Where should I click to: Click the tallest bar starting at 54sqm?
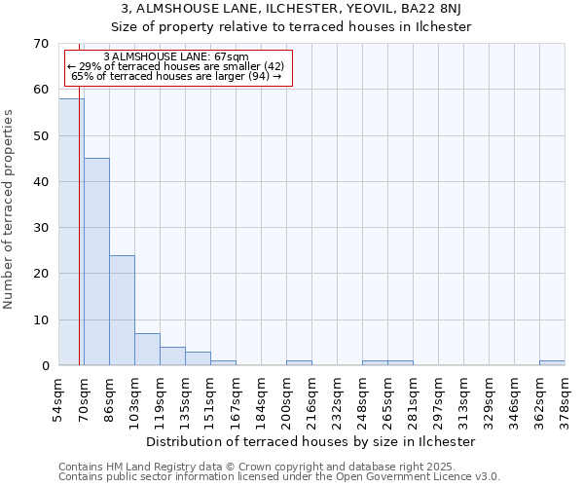(x=71, y=232)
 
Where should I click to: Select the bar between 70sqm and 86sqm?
(x=96, y=261)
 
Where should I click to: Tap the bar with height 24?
(x=122, y=310)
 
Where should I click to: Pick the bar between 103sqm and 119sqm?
(x=147, y=349)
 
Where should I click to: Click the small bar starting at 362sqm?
(x=552, y=363)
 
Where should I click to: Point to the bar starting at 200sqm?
(x=299, y=363)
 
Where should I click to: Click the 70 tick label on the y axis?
(x=40, y=44)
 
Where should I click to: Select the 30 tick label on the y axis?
(x=40, y=228)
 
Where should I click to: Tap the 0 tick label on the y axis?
(x=44, y=366)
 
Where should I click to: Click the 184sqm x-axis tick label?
(x=261, y=397)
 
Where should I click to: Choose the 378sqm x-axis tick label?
(x=565, y=397)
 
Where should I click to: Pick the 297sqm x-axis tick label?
(x=438, y=397)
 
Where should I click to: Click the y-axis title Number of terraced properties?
(x=10, y=209)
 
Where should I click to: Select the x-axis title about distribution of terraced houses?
(x=316, y=441)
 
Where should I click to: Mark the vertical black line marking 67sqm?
(x=79, y=214)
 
